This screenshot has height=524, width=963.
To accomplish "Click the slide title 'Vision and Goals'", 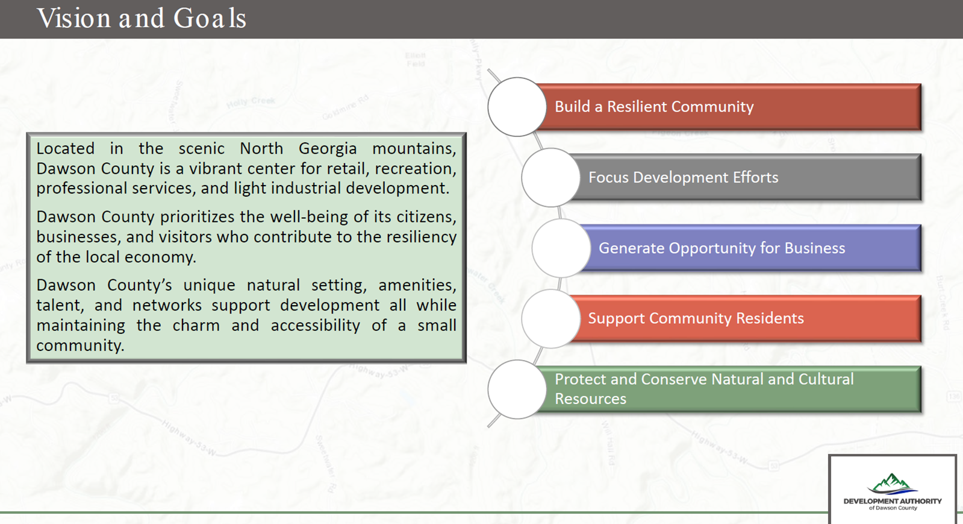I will (x=142, y=19).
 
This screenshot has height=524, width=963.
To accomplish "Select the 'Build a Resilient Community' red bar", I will (x=729, y=107).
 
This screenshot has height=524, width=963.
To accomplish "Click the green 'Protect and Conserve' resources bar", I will (x=729, y=389).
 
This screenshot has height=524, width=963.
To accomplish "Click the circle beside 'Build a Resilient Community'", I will (x=516, y=107).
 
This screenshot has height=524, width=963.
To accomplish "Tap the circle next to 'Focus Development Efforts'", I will (x=550, y=177).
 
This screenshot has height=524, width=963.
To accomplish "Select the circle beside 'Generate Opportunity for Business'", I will (x=560, y=248).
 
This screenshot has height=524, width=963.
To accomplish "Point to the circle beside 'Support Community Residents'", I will (x=550, y=318).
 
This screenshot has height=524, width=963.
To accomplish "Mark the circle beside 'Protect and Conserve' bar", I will (x=516, y=389).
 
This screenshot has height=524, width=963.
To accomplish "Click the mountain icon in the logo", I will (x=892, y=484).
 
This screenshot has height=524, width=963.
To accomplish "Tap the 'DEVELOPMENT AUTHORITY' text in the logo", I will (x=892, y=501).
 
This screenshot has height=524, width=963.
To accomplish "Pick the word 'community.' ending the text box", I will (x=80, y=346).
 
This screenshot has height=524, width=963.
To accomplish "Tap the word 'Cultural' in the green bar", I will (x=826, y=379).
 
